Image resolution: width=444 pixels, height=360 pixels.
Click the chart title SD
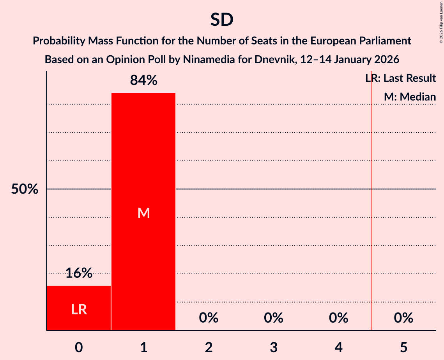point(222,20)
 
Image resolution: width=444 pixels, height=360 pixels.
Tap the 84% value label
point(143,81)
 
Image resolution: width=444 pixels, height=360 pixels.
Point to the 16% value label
point(79,273)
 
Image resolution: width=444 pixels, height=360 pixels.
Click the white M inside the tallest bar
point(143,213)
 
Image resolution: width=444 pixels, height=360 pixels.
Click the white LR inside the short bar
point(79,309)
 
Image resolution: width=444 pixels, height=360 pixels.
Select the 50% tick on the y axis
point(25,189)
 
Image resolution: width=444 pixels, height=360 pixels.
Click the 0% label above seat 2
point(209,318)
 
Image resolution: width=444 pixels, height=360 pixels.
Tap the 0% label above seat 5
point(403,318)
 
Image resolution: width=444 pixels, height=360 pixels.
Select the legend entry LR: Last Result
point(401,78)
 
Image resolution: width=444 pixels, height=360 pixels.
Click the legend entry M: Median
point(410,97)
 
